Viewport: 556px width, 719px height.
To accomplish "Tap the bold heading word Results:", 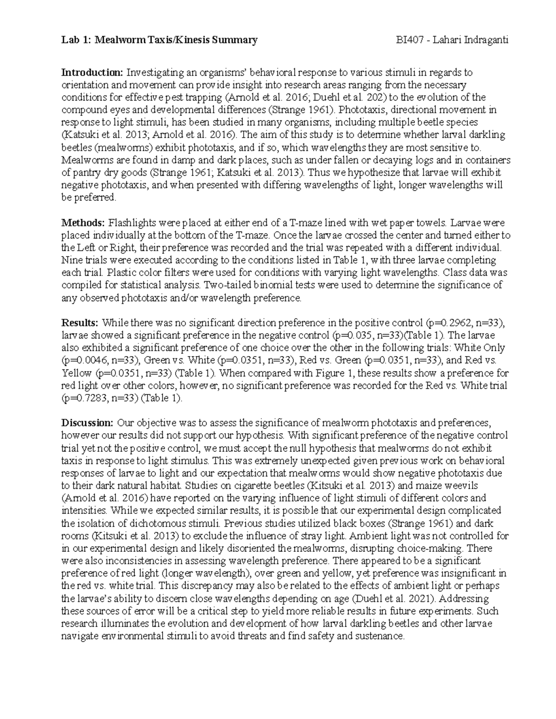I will (80, 323).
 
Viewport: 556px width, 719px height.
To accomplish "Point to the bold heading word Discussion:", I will (87, 423).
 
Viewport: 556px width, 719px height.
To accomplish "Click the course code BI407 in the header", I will (406, 40).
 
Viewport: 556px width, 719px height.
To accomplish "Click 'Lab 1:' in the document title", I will (76, 40).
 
